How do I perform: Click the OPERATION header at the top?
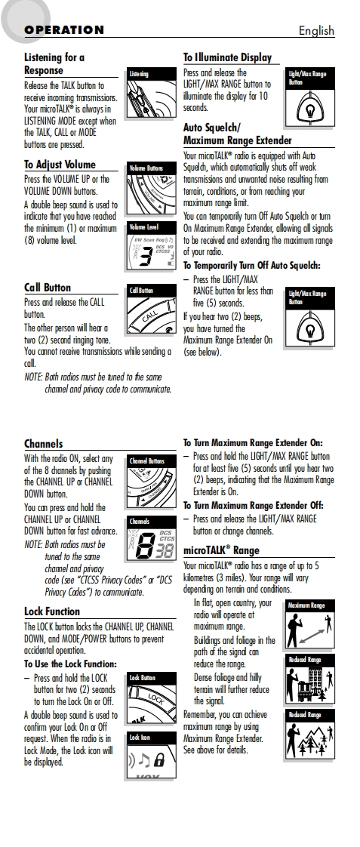point(63,30)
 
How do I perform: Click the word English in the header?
point(316,31)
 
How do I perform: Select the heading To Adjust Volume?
point(60,165)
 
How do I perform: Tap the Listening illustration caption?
point(139,74)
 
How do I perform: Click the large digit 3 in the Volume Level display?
point(145,257)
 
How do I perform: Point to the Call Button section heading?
point(48,288)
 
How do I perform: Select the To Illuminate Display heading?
point(227,58)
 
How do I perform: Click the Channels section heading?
point(43,444)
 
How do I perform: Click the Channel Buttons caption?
point(147,461)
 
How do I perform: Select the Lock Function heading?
point(52,611)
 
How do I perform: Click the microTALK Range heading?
point(221,550)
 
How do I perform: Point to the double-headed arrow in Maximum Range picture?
point(311,636)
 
